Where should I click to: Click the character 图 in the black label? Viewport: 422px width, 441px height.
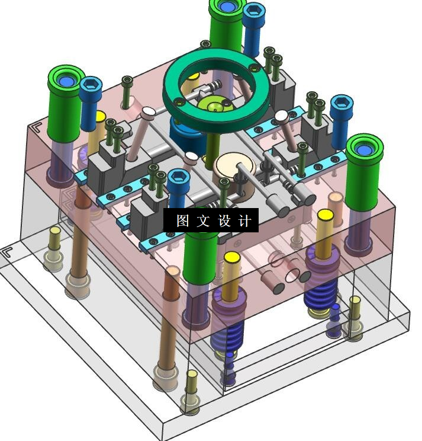pos(183,220)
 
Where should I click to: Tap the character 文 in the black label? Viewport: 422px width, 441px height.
pos(203,220)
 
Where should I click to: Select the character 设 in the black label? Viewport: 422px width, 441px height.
pos(225,220)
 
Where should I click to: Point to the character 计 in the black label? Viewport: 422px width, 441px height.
pos(245,220)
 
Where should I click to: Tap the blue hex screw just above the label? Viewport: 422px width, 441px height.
pos(178,188)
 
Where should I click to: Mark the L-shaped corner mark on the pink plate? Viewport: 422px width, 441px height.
pos(37,127)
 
